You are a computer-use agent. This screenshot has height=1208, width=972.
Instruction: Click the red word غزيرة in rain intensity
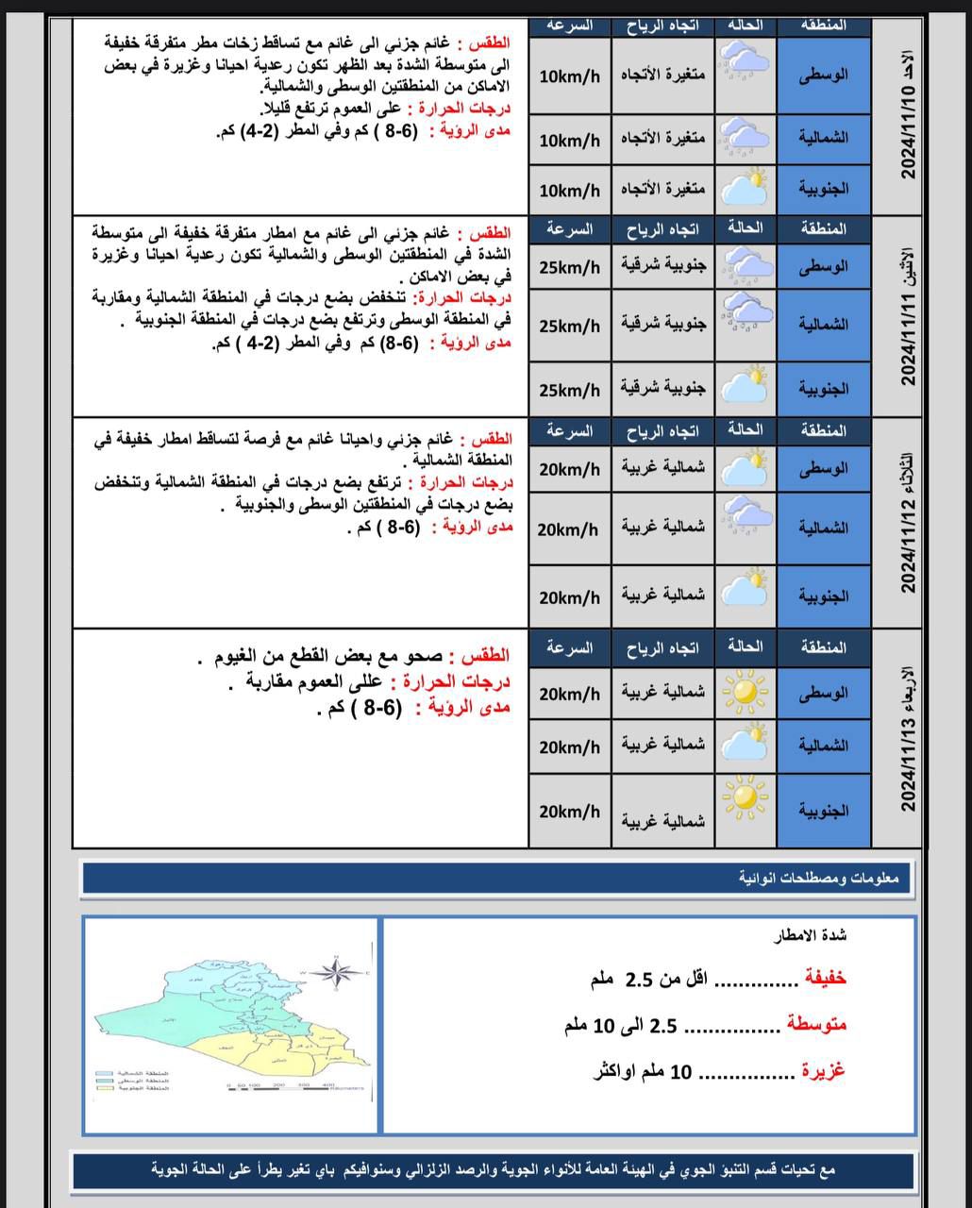coord(823,1071)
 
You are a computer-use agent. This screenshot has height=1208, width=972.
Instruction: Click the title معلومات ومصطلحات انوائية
coord(819,879)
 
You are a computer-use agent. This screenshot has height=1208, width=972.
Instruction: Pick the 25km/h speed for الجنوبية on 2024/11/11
coord(569,390)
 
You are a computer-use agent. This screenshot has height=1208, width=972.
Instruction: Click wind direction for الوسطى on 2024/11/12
coord(663,469)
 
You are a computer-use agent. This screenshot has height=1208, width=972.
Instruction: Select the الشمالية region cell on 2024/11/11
coord(824,326)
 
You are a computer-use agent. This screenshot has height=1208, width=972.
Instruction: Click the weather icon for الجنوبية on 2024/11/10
coord(746,189)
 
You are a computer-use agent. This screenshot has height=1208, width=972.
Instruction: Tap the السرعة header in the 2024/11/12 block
coord(570,431)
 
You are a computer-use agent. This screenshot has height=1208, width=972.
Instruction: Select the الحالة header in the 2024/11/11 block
coord(746,228)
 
